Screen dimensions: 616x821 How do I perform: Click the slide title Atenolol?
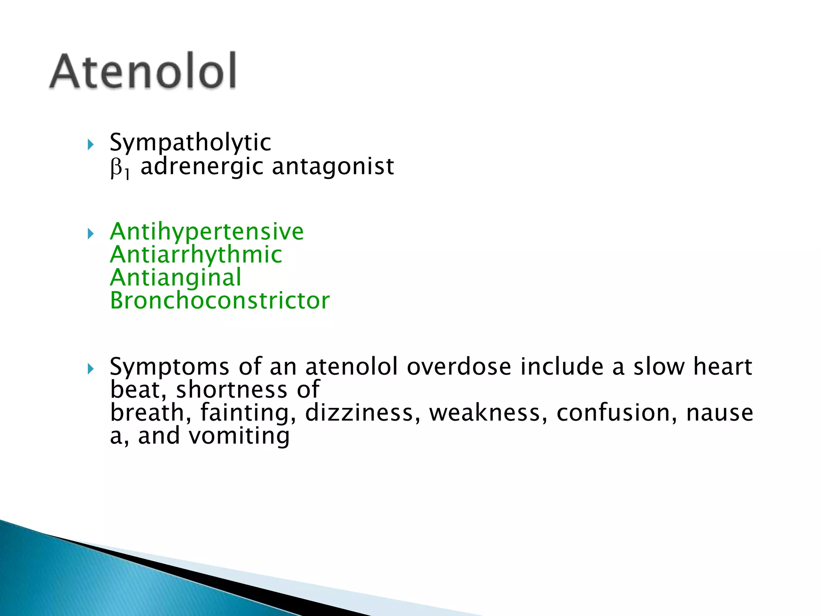click(x=143, y=71)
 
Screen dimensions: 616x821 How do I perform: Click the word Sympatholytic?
click(x=190, y=143)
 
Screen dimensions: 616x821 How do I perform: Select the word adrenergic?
click(x=202, y=167)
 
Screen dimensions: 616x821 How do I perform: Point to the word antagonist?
click(x=333, y=167)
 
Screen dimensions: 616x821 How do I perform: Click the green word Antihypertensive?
click(x=207, y=231)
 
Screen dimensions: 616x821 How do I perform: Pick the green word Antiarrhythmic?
click(x=196, y=255)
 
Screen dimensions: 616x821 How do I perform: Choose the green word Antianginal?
click(x=176, y=278)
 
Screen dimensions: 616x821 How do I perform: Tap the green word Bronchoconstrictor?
click(x=220, y=301)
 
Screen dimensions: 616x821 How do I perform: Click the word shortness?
click(x=232, y=390)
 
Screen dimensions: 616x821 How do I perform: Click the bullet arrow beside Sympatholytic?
click(x=91, y=144)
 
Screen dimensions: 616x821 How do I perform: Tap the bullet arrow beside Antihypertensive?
click(x=91, y=233)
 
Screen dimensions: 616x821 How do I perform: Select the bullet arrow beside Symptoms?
click(x=91, y=369)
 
